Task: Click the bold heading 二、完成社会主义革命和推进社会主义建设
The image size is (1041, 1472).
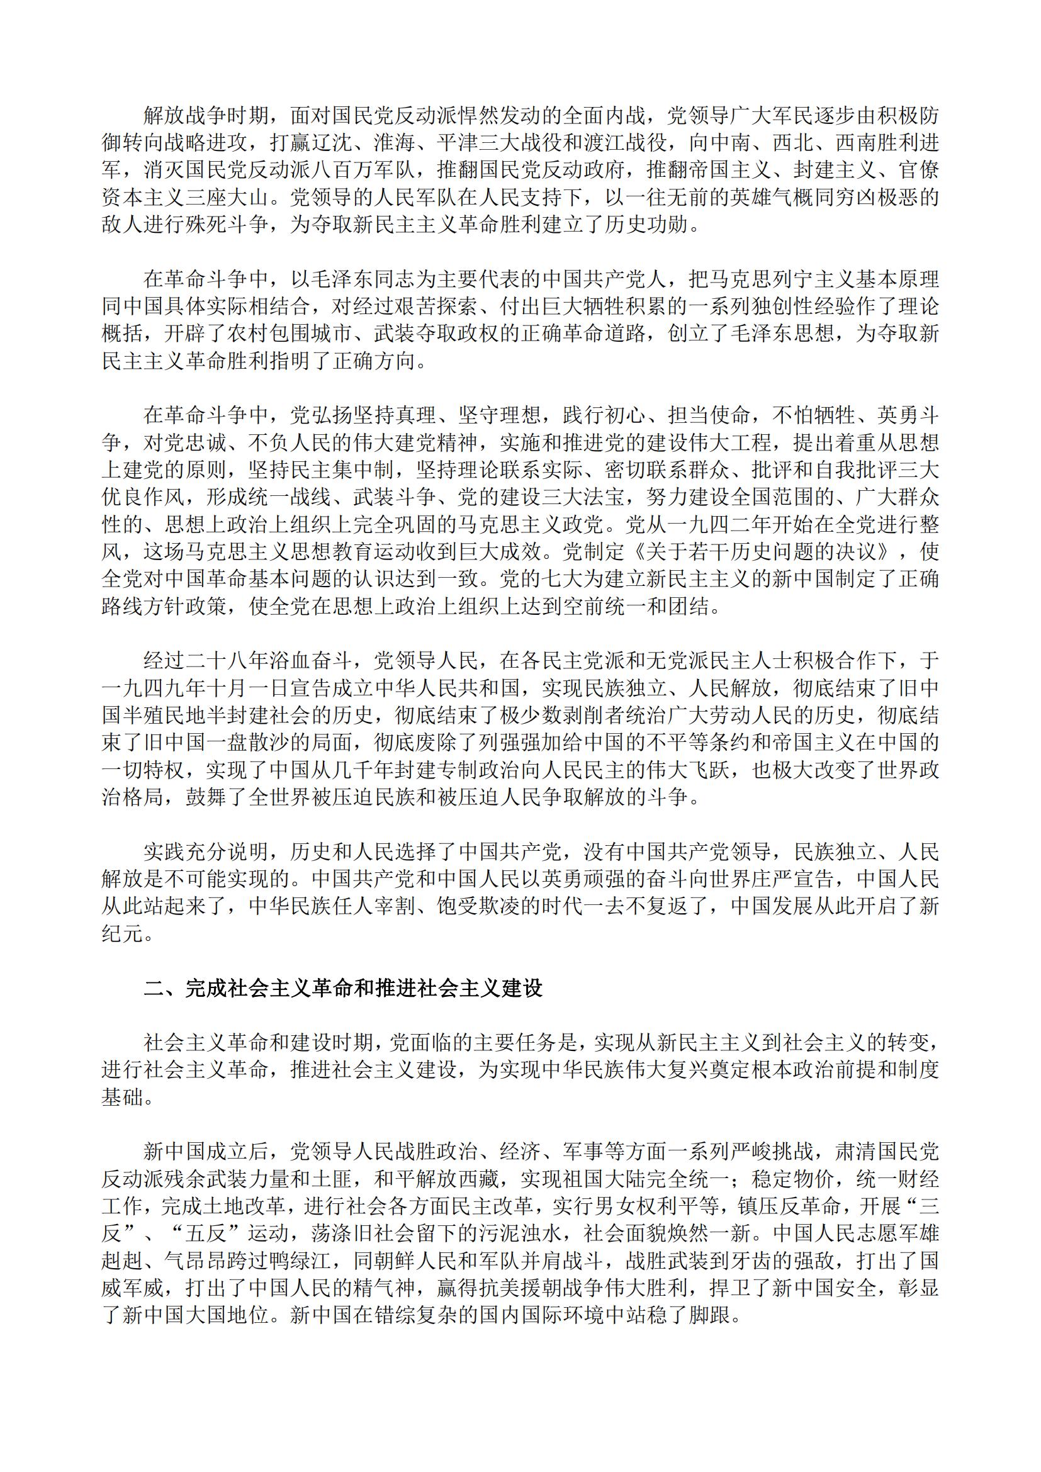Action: tap(343, 988)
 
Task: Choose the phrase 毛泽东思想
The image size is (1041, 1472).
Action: tap(782, 334)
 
